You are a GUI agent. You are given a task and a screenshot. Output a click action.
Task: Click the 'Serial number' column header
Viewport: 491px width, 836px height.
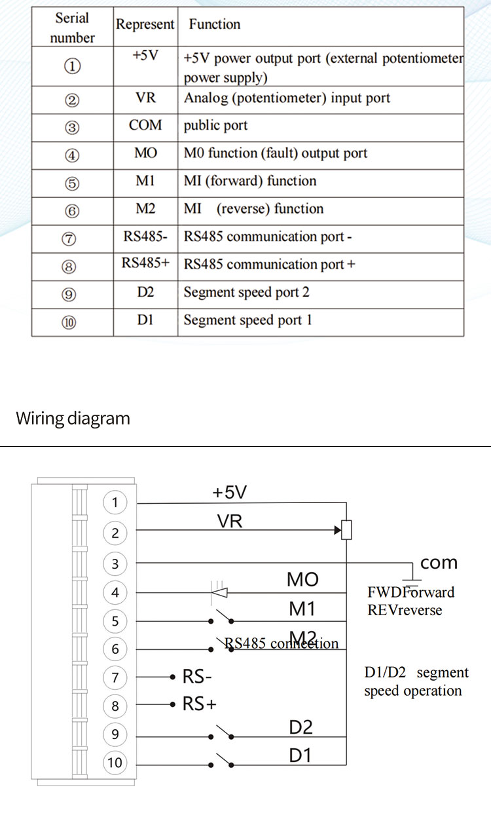[x=72, y=28]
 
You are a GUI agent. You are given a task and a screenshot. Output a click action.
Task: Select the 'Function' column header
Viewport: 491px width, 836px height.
[x=214, y=24]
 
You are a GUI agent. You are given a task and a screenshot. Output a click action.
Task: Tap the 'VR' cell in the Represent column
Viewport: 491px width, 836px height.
[x=145, y=99]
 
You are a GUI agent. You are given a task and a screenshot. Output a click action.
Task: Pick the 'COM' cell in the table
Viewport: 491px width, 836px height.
[x=145, y=126]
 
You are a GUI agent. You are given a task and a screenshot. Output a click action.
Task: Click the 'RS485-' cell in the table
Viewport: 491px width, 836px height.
[x=145, y=237]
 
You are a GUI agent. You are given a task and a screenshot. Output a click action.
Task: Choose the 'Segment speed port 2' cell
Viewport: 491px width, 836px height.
[x=246, y=292]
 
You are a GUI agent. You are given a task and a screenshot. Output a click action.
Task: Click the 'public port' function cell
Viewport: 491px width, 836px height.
[x=215, y=126]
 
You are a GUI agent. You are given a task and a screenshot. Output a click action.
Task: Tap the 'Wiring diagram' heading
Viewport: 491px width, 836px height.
[x=73, y=418]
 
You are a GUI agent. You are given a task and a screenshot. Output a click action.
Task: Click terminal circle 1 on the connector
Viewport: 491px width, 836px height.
[x=115, y=503]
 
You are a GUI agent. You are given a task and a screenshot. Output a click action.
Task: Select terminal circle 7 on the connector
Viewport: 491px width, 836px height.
[x=115, y=677]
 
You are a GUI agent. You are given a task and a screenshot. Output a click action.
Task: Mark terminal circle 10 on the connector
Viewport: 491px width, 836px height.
[x=115, y=763]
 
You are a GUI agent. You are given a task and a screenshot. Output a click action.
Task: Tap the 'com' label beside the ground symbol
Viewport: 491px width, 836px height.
[x=439, y=563]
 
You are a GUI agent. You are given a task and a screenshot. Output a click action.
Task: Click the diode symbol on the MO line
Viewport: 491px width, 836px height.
[x=220, y=592]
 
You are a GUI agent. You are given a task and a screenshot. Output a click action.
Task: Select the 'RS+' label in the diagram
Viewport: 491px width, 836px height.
[x=199, y=704]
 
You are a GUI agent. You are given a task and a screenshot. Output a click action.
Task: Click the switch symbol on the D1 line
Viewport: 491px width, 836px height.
[x=223, y=761]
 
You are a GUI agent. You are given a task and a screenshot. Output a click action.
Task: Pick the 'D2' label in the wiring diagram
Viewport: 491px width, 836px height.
[x=300, y=727]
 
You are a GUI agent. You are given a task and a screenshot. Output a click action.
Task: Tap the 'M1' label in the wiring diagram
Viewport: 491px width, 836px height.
[x=302, y=609]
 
